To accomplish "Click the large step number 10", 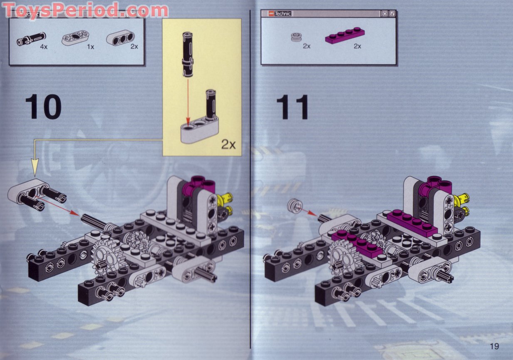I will (x=43, y=107).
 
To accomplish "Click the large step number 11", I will (x=293, y=107).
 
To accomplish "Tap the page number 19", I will (x=494, y=346).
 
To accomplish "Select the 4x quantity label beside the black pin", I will (x=44, y=47).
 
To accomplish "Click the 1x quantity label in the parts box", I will (x=90, y=47).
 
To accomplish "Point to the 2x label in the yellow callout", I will (x=228, y=144).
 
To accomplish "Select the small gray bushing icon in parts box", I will (x=296, y=38).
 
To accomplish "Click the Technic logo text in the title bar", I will (x=283, y=14).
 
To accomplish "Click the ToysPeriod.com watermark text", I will (x=85, y=9).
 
